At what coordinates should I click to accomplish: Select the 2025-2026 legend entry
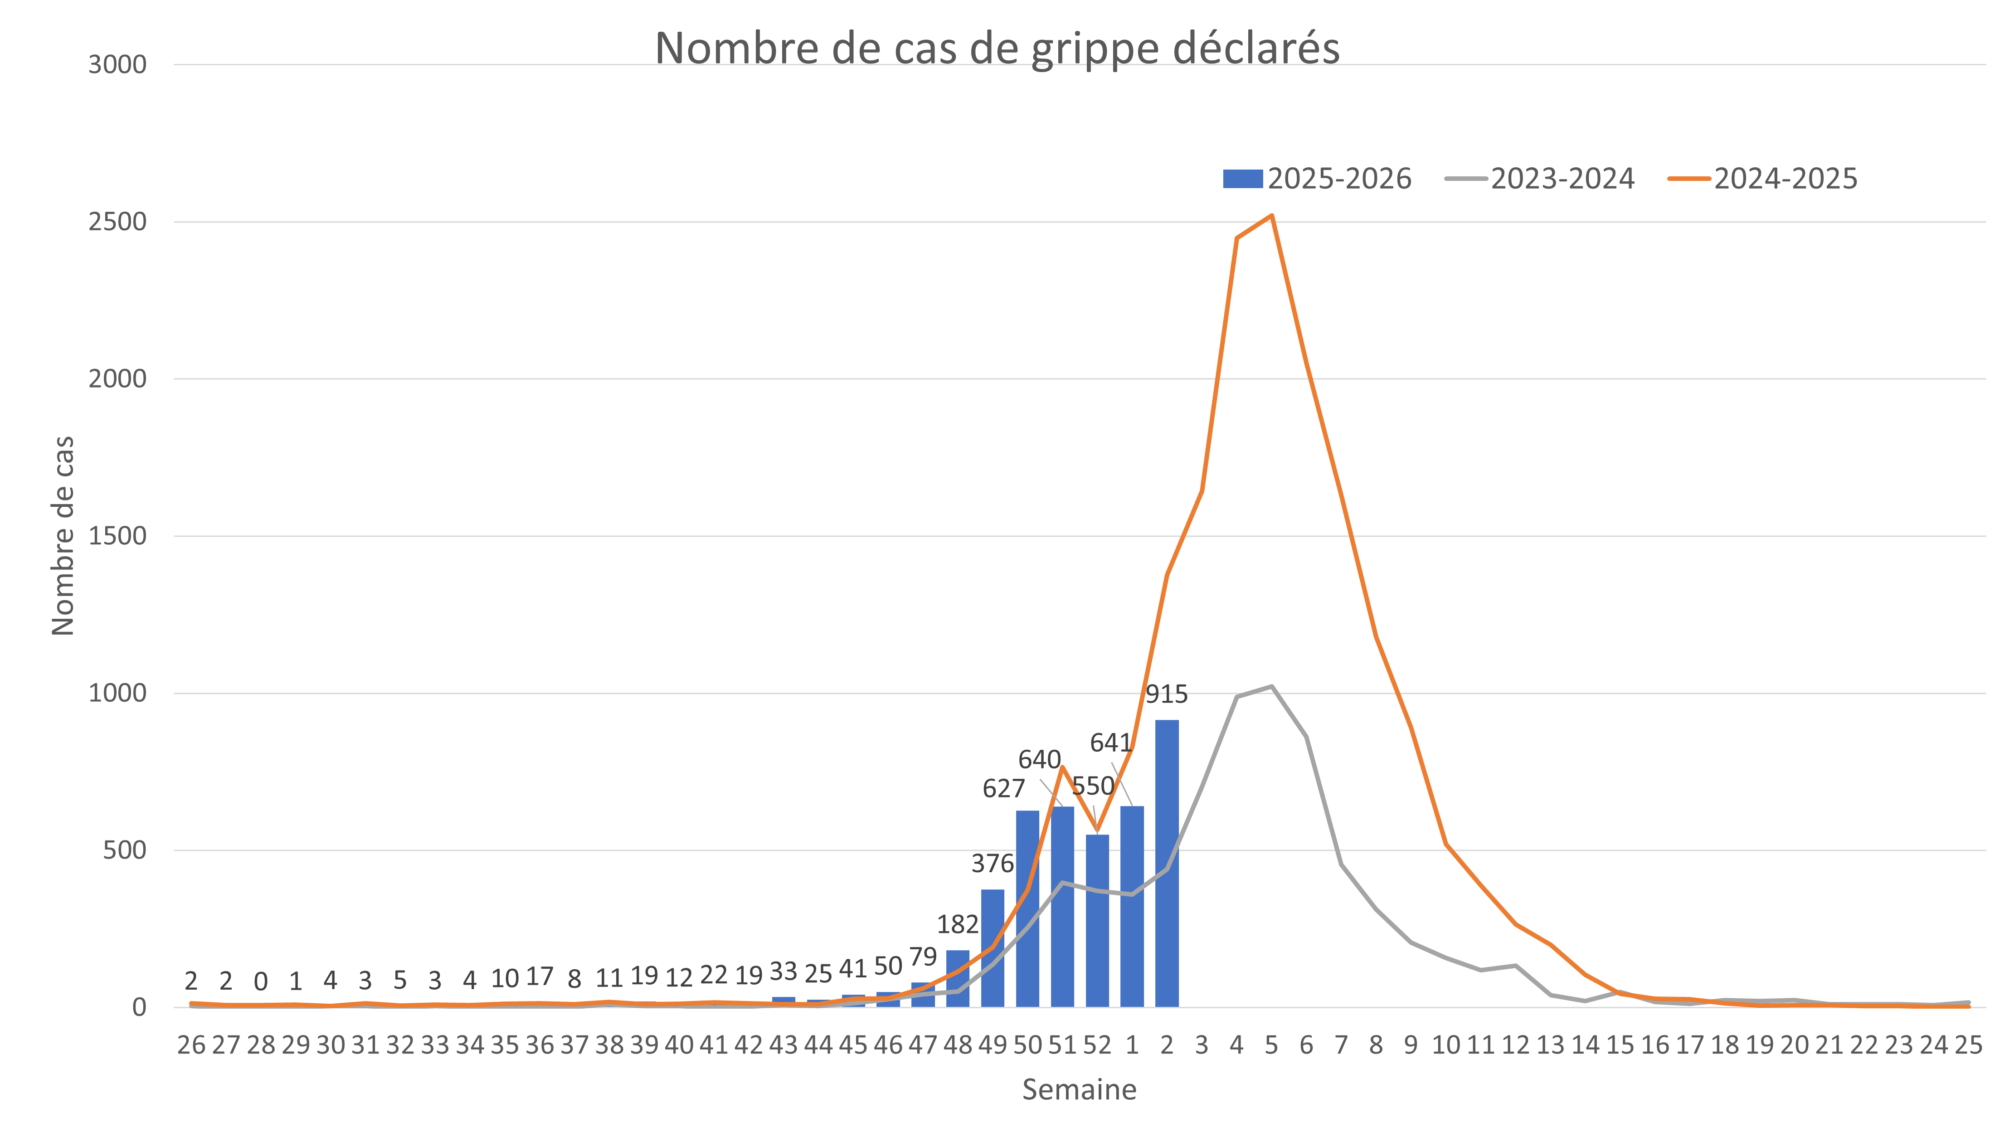(1317, 179)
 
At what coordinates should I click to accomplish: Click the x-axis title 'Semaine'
(1079, 1089)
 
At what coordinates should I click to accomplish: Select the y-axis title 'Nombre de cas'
(63, 536)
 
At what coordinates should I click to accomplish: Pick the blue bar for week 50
(1028, 908)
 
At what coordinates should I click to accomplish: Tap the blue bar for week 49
(993, 948)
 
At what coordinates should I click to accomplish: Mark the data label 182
(958, 924)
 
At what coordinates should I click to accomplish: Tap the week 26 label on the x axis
(191, 1045)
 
